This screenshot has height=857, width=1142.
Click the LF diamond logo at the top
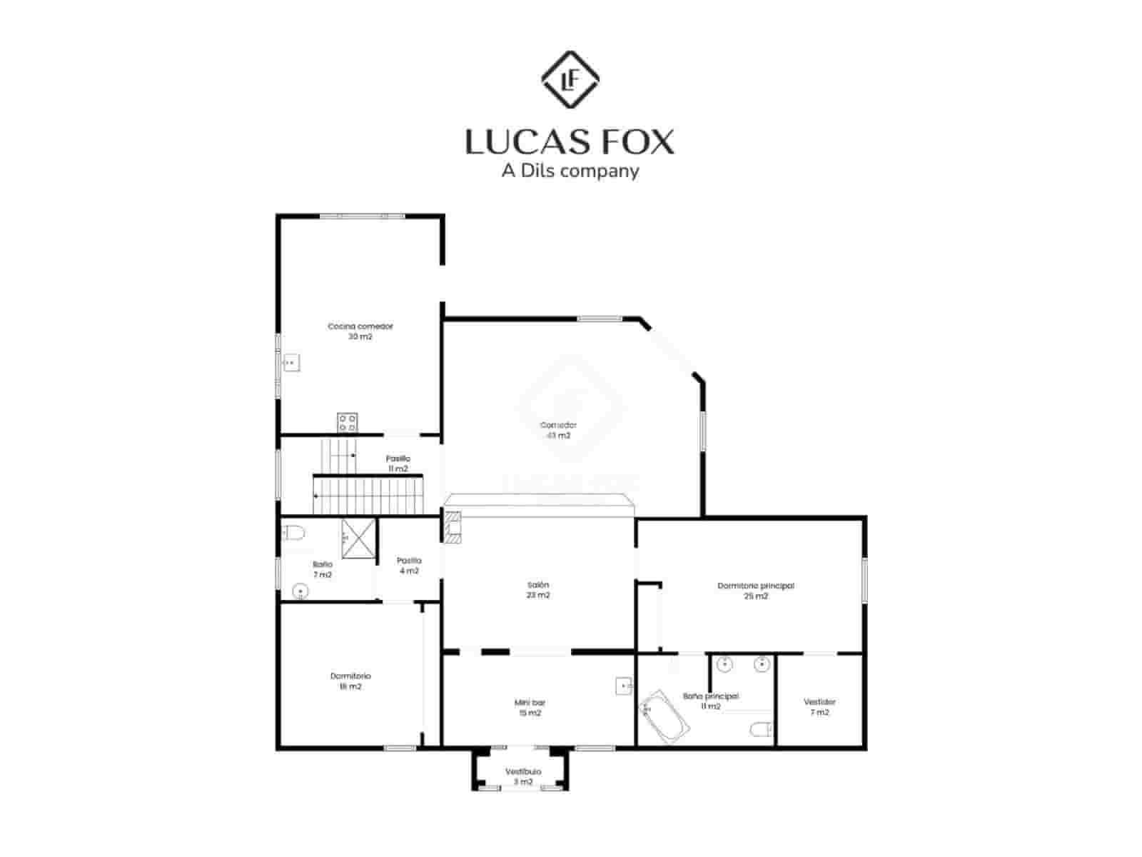570,79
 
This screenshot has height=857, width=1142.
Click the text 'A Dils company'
570,171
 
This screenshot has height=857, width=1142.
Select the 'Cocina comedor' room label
360,331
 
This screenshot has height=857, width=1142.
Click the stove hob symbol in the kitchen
348,422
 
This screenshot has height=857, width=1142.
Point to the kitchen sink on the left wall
290,363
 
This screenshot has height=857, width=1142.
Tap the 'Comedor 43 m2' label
558,430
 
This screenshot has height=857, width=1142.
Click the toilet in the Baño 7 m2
294,532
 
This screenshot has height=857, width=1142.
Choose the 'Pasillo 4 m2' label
409,566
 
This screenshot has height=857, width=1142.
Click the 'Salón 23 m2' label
538,589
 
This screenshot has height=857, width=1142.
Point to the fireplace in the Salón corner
453,527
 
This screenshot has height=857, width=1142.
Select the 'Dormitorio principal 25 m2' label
755,591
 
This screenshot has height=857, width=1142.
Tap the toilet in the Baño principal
761,729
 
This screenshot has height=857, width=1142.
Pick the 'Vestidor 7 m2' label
819,706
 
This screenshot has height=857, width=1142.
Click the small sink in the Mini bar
624,686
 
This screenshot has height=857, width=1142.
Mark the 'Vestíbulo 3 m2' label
523,776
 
